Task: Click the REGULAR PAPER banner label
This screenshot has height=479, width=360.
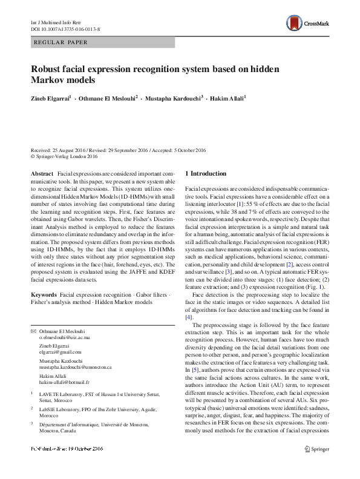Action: point(61,42)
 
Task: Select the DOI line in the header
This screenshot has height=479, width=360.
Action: point(66,28)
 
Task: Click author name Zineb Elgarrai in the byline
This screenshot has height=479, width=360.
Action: point(52,98)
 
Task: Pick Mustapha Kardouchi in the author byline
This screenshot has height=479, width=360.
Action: point(174,98)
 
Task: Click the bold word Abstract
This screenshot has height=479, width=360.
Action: point(42,174)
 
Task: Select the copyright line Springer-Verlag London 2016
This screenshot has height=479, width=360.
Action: point(67,156)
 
